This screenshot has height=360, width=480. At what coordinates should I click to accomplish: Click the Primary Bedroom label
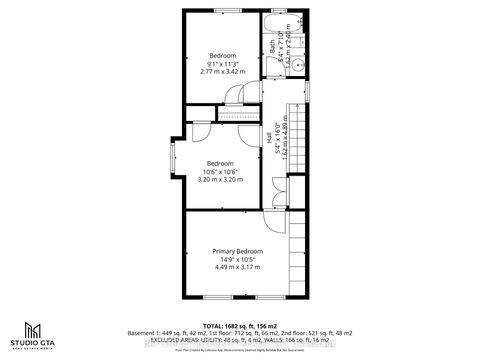pos(237,250)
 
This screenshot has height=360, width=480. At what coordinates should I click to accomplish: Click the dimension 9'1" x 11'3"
pos(222,63)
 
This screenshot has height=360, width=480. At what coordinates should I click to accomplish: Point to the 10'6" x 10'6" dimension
pos(219,171)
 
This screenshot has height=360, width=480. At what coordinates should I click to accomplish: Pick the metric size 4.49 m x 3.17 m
pos(237,267)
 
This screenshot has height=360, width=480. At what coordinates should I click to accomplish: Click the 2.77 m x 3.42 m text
pos(222,72)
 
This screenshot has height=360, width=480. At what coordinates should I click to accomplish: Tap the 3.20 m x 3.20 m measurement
pos(219,180)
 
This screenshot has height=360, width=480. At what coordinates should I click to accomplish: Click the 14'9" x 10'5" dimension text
pos(237,259)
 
